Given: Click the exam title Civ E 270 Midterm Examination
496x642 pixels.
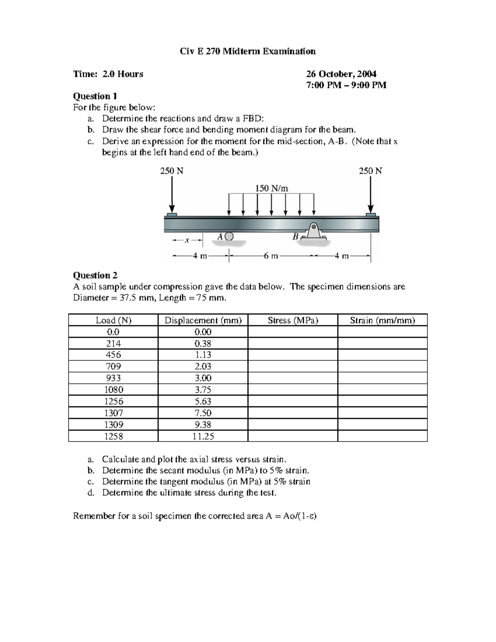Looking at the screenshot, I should click(248, 51).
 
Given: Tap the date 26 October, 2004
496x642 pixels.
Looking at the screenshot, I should click(341, 74).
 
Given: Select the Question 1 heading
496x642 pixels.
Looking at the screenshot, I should click(95, 96).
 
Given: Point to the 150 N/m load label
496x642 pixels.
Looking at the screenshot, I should click(272, 188).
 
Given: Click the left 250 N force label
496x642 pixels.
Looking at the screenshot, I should click(172, 171).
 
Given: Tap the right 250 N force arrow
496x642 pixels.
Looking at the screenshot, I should click(371, 194).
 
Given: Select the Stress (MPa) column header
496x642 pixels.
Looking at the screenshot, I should click(293, 320).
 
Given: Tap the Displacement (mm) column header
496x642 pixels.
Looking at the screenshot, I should click(203, 320).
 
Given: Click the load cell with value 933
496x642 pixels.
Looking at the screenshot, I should click(113, 378).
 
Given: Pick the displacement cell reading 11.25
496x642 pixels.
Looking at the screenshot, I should click(203, 436).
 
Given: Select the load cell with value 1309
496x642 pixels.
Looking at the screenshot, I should click(113, 425).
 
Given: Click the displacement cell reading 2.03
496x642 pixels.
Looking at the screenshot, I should click(203, 366).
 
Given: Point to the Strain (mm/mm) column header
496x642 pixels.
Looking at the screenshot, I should click(382, 320).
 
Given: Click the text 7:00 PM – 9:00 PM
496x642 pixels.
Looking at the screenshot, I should click(346, 85).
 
